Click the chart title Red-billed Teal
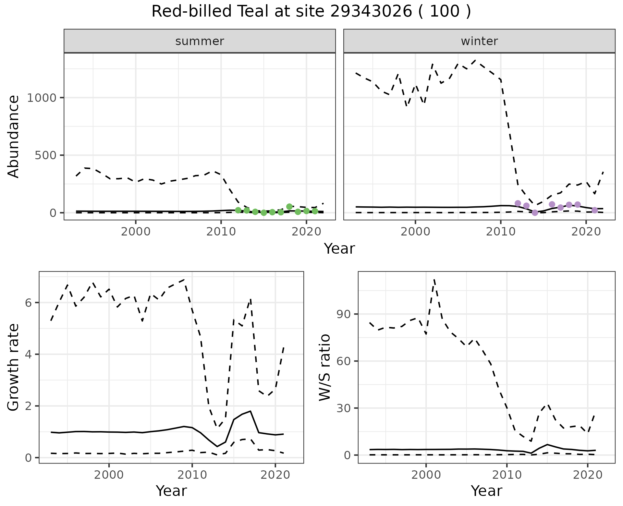(x=311, y=12)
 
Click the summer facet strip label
(x=200, y=41)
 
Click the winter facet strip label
(x=479, y=41)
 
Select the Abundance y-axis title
(x=14, y=136)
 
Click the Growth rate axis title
(x=14, y=367)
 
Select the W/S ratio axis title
(x=324, y=367)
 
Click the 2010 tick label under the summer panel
(x=221, y=232)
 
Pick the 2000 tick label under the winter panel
(x=415, y=232)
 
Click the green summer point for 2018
(x=289, y=207)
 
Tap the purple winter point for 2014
(x=535, y=213)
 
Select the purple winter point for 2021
(x=594, y=210)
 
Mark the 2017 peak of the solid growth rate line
(x=250, y=411)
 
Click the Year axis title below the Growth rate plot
(x=171, y=491)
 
